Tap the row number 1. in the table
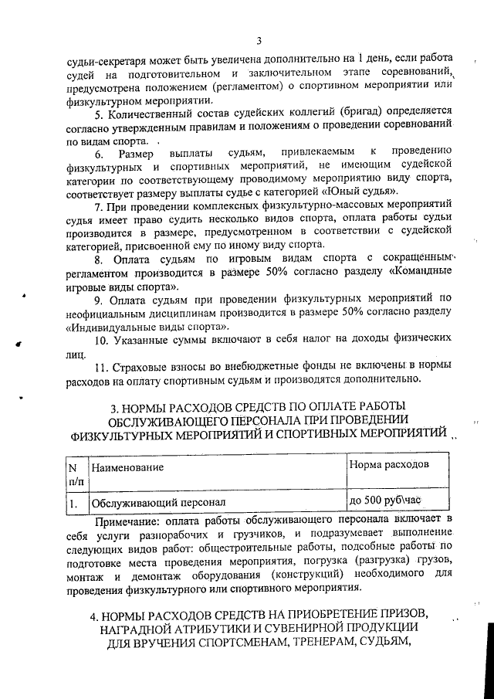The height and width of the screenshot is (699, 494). pyautogui.click(x=74, y=504)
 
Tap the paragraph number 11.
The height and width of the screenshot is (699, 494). pyautogui.click(x=103, y=364)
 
